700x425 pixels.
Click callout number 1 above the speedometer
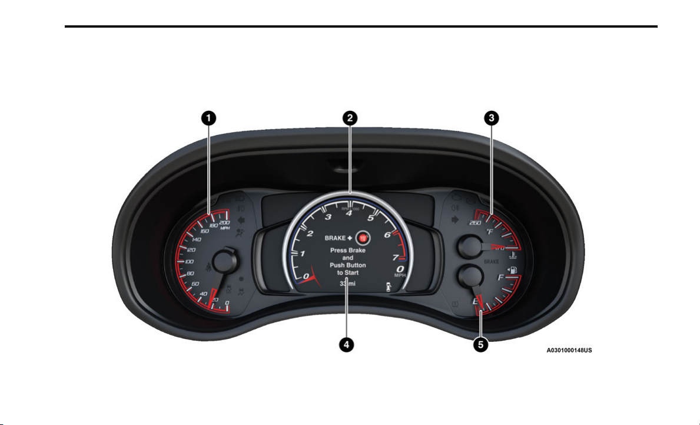(x=207, y=118)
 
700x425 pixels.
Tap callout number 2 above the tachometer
(x=350, y=118)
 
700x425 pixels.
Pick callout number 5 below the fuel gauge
(x=482, y=345)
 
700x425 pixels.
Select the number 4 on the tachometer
(x=349, y=213)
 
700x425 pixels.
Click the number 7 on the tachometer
(x=396, y=258)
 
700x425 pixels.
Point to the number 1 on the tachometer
(x=303, y=253)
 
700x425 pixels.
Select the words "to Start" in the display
(x=348, y=273)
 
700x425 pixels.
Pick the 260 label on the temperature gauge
(x=472, y=223)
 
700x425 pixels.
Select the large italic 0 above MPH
(x=400, y=269)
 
